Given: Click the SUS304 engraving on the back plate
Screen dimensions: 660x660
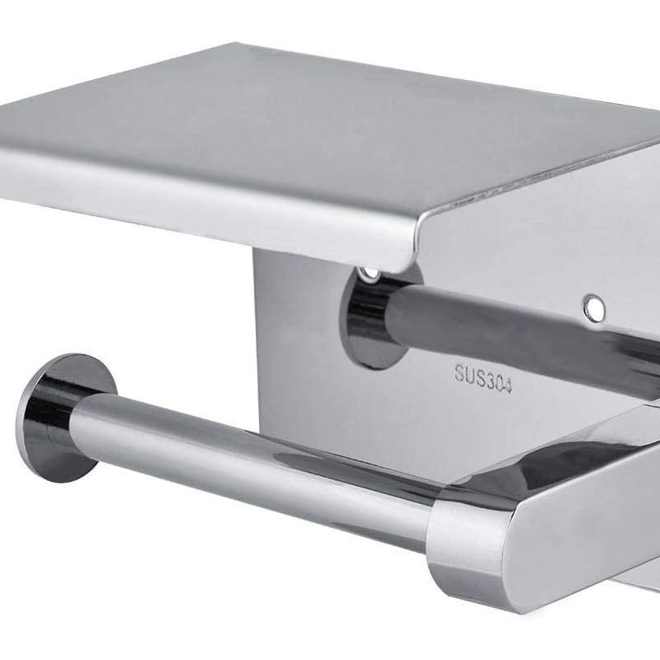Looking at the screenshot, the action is click(483, 378).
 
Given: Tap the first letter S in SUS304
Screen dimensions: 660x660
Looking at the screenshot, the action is click(460, 372).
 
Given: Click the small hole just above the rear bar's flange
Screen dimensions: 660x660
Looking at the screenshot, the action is click(369, 274).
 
